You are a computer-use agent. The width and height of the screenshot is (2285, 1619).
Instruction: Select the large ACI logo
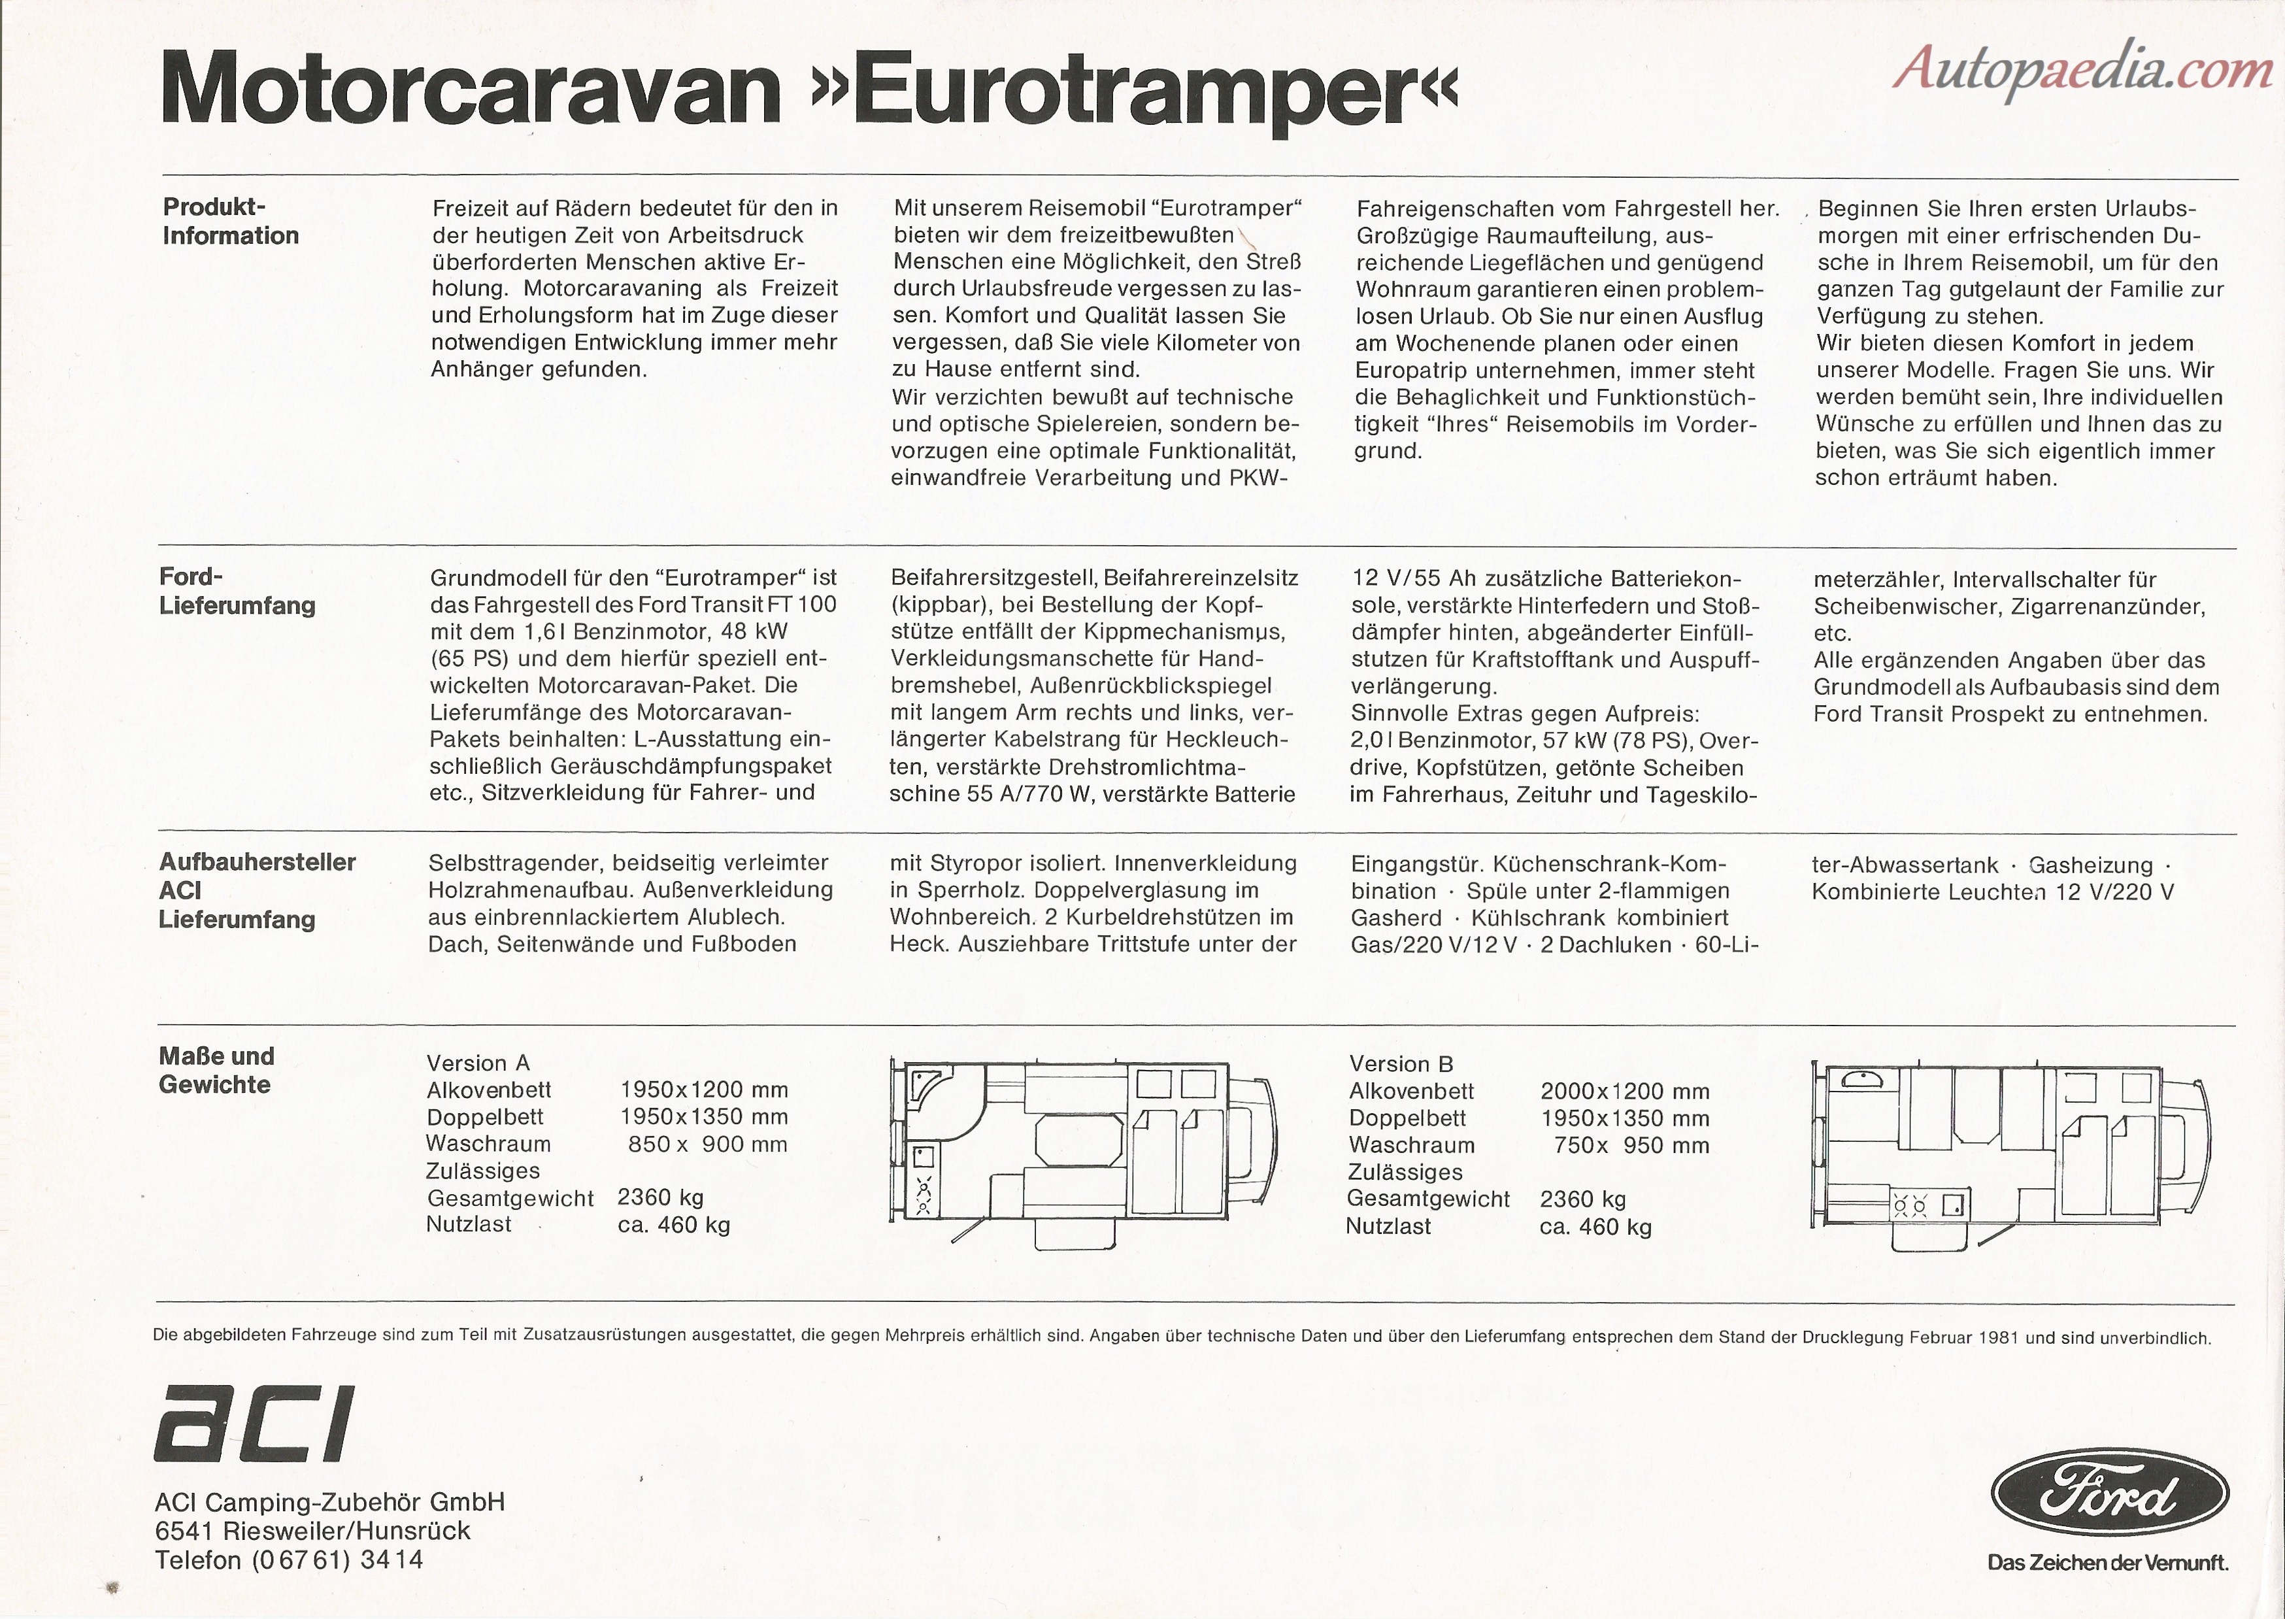(254, 1424)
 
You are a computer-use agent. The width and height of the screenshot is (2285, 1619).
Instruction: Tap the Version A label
(478, 1063)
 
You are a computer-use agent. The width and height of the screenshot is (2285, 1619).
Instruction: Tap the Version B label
(1401, 1063)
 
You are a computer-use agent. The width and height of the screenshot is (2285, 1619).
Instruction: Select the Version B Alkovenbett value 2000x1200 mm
(1624, 1092)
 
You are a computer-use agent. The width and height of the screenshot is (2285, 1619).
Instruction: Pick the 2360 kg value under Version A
(660, 1197)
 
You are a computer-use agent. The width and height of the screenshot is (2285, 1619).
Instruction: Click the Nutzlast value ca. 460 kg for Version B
(1595, 1226)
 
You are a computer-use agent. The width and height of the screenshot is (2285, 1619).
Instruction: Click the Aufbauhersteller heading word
(258, 862)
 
